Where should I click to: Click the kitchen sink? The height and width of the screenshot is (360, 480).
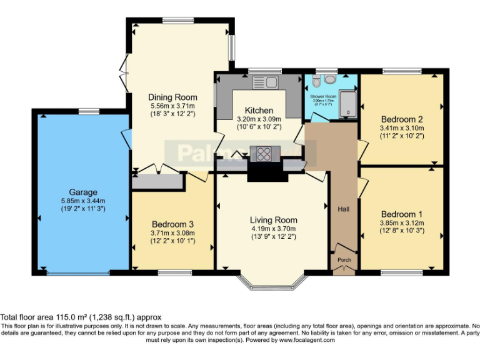[265, 81]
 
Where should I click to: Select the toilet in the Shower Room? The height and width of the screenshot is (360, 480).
[316, 81]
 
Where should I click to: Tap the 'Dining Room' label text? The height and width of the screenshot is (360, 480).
[172, 97]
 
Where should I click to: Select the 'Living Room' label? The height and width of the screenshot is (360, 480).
[273, 220]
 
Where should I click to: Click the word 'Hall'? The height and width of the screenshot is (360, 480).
[343, 209]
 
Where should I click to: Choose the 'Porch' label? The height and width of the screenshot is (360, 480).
[344, 259]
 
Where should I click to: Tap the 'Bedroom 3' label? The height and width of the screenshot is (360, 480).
[172, 224]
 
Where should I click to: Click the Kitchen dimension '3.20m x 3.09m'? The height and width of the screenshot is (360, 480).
[259, 119]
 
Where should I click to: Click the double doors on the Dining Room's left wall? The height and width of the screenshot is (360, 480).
[124, 72]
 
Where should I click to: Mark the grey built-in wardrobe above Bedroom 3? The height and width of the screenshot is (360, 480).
[157, 181]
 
